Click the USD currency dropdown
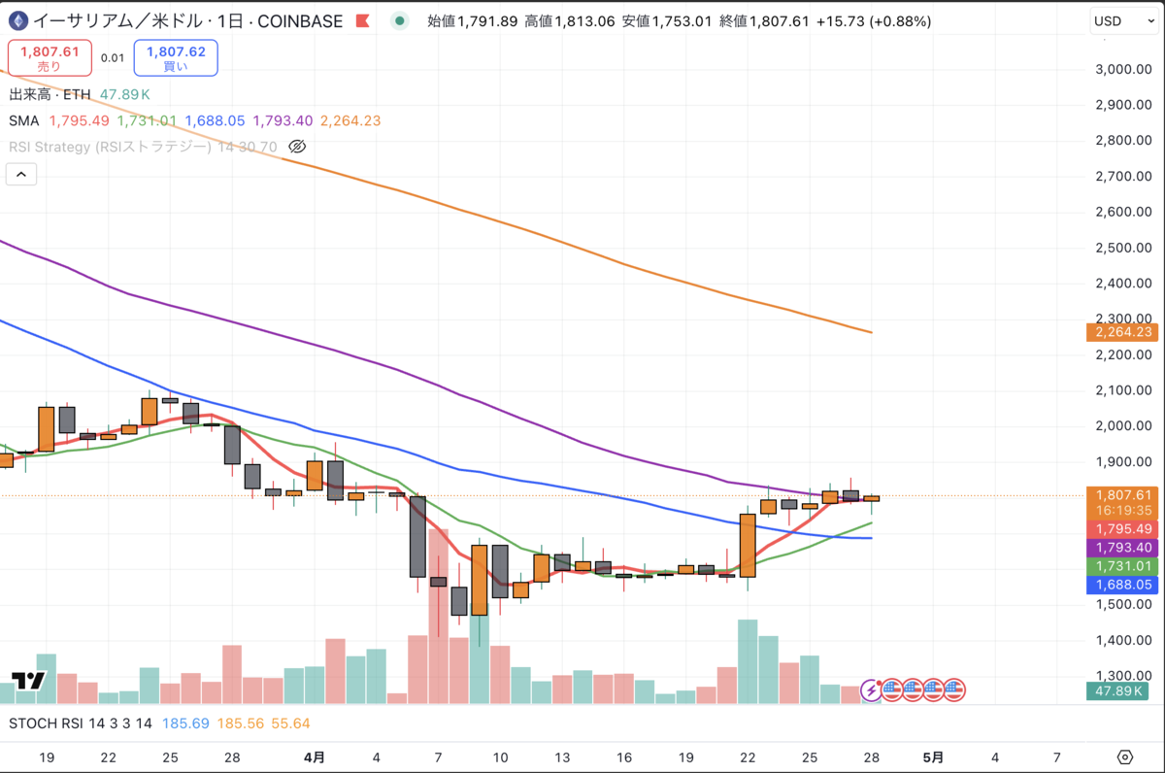pos(1121,20)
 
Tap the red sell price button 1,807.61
pos(49,57)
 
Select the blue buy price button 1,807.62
pos(176,57)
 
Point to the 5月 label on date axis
pos(932,756)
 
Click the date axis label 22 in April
pos(748,756)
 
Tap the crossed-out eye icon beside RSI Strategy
pos(298,147)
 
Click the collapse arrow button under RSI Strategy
pos(21,175)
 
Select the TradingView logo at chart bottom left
pos(28,681)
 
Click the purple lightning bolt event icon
pos(872,690)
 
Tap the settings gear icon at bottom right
pos(1125,756)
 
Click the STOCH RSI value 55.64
pos(290,723)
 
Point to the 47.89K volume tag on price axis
pos(1121,691)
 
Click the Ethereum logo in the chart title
pos(17,20)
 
